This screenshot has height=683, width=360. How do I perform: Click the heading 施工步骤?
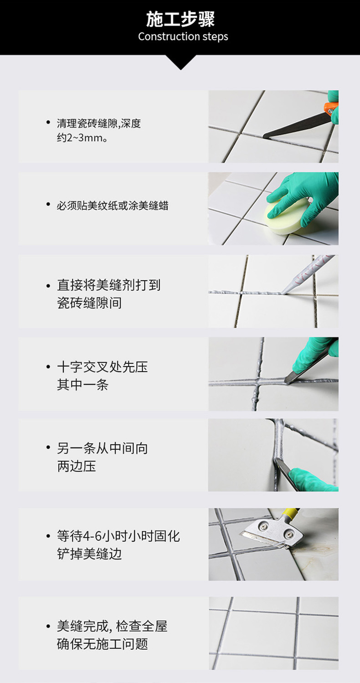180,19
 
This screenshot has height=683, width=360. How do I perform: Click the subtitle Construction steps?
183,36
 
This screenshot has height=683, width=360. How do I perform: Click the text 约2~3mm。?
82,138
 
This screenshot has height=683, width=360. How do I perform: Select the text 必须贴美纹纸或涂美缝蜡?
113,206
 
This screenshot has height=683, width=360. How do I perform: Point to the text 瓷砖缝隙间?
89,303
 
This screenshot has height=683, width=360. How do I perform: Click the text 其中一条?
82,384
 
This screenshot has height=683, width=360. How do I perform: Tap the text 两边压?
77,466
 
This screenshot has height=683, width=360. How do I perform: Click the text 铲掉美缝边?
89,554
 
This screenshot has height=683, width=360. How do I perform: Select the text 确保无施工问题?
103,644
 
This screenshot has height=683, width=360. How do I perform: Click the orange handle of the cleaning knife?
331,108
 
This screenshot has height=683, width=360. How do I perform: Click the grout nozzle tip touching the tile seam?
283,292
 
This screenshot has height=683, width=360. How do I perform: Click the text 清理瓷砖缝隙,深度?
99,123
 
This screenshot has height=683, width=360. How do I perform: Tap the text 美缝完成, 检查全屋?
112,626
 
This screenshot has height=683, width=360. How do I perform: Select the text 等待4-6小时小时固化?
118,536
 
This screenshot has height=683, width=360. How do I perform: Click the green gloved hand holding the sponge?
302,197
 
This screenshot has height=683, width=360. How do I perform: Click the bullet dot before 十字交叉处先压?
48,367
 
